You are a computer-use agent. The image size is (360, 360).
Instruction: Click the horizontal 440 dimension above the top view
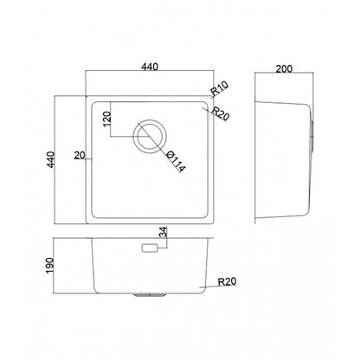click(150, 67)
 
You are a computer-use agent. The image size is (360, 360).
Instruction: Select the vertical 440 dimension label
click(51, 159)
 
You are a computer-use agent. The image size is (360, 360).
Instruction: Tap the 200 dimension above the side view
click(284, 69)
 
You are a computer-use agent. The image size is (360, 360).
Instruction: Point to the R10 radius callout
click(220, 88)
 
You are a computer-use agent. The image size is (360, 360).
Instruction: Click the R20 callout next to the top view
click(221, 113)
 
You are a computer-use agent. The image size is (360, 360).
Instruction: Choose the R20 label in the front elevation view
click(227, 281)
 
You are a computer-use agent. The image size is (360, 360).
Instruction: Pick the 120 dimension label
click(107, 119)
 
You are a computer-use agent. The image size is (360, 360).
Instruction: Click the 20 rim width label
click(80, 156)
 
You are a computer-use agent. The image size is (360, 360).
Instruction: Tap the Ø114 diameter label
click(177, 162)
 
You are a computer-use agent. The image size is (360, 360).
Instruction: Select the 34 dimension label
click(164, 232)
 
